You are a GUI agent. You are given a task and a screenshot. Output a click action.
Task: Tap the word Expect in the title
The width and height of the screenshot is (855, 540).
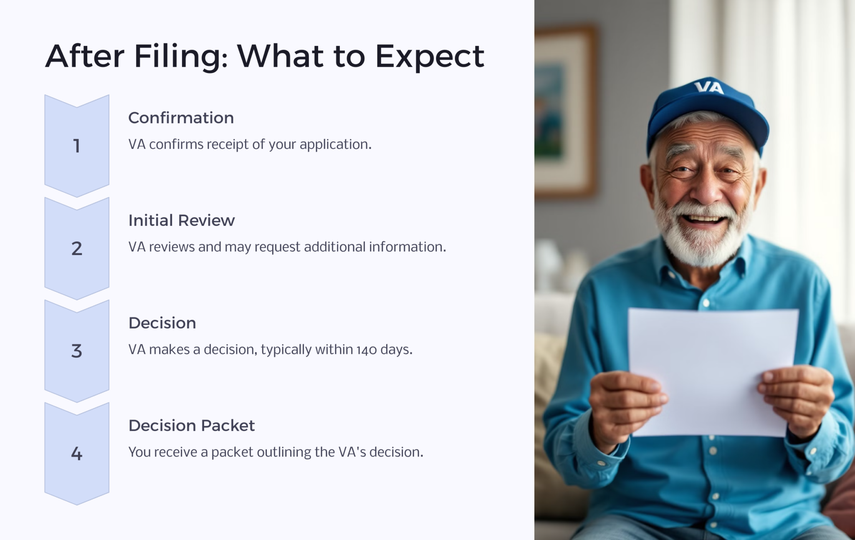point(430,56)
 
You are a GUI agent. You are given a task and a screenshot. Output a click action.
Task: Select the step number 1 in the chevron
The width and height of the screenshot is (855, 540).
point(76,146)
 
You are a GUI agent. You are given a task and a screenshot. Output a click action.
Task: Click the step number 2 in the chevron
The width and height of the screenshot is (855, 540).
point(76,248)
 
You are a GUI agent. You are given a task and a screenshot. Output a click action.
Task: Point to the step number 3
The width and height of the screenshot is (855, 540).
point(76,351)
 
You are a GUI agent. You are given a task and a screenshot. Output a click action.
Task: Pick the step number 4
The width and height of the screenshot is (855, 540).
point(76,453)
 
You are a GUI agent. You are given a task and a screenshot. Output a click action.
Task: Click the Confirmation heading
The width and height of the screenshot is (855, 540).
point(181,118)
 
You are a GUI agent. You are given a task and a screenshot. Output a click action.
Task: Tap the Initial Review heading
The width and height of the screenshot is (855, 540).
point(181,220)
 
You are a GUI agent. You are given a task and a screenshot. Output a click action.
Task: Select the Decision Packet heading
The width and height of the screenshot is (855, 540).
point(191,426)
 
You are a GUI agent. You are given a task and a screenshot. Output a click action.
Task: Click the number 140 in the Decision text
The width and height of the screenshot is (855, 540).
point(367,350)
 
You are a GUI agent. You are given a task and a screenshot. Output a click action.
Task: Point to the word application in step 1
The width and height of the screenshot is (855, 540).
point(335,144)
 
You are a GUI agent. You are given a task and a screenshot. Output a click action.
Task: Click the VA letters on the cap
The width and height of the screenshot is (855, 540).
point(709,87)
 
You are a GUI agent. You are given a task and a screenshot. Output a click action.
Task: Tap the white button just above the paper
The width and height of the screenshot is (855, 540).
point(706,303)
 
